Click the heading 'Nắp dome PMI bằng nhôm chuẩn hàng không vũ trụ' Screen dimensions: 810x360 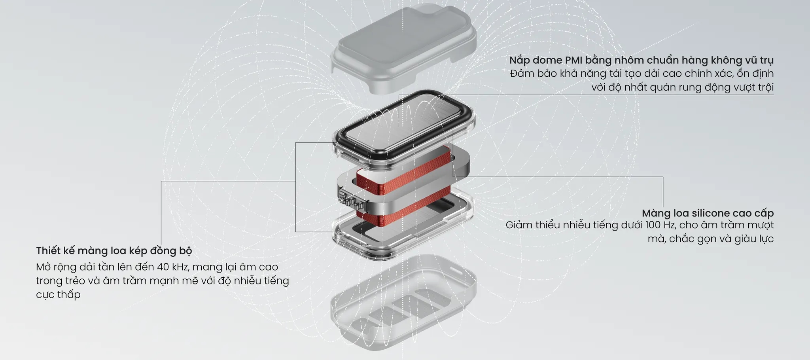(x=641, y=61)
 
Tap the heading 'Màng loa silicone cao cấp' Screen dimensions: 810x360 (x=708, y=213)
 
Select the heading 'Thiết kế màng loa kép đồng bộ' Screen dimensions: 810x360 (x=114, y=251)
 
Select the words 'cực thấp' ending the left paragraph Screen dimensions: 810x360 (x=58, y=295)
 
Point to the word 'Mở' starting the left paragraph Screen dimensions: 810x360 (x=43, y=267)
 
